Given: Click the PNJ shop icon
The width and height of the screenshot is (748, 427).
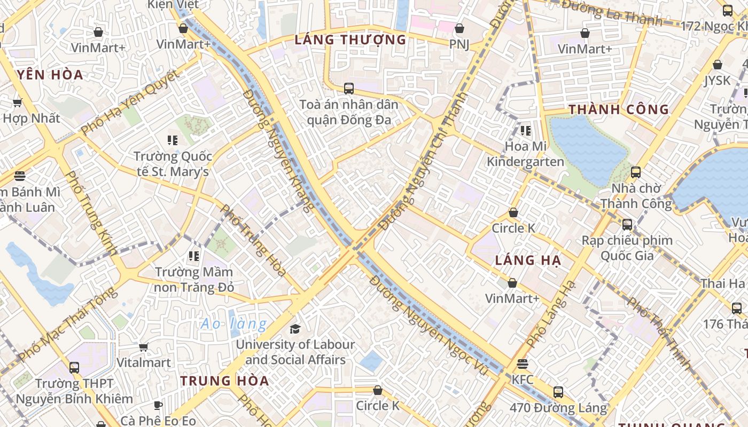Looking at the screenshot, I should click(459, 29).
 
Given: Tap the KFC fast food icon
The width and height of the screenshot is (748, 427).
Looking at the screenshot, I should click(523, 364).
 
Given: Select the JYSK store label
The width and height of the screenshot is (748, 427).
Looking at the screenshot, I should click(717, 80).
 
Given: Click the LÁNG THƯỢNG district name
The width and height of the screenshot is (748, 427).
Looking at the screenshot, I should click(350, 39).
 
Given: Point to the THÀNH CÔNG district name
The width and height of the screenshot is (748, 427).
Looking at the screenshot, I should click(618, 110).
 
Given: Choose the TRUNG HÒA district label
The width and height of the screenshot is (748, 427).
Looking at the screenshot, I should click(224, 381).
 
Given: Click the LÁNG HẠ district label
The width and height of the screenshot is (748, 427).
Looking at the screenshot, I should click(528, 260).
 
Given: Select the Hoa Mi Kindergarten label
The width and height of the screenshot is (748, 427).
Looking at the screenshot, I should click(525, 154).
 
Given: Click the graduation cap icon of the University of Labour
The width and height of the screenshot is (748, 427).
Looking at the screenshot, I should click(295, 329).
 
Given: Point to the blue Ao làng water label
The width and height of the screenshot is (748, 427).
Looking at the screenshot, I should click(233, 323).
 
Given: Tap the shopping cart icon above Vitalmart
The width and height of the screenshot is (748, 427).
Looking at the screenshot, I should click(143, 347).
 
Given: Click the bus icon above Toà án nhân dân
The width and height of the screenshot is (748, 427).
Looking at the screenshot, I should click(349, 88).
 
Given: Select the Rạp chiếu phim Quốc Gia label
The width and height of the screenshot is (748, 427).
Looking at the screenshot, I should click(627, 248).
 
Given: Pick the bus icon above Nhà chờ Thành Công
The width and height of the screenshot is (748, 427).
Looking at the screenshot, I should click(636, 172).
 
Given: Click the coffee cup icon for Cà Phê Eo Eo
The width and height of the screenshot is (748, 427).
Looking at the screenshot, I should click(158, 406).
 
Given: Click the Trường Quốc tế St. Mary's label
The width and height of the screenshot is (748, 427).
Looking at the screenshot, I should click(173, 164).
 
